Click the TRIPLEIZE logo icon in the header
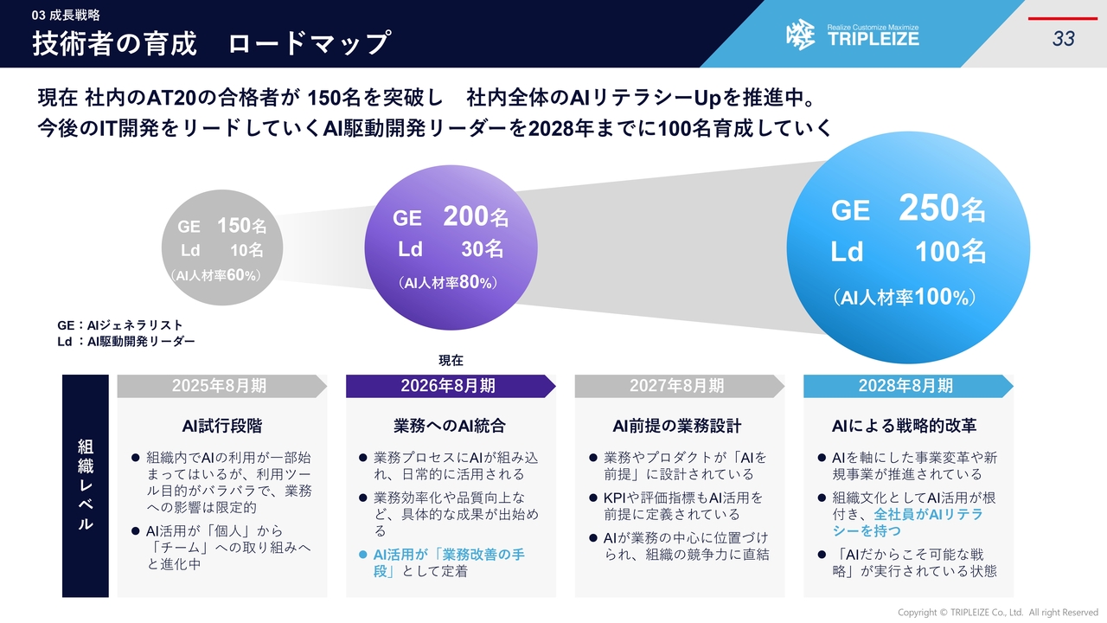800,35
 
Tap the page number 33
1063,39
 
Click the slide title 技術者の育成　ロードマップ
212,43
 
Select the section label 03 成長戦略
66,16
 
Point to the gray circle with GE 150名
222,247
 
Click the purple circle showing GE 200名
451,247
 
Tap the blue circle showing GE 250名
908,247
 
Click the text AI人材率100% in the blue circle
905,297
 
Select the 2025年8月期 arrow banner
222,386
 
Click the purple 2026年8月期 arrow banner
451,386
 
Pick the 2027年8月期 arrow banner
680,386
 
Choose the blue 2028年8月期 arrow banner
908,386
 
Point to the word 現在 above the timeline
451,361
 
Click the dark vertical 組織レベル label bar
86,486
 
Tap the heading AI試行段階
222,426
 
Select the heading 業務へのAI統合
450,426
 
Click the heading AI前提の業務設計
677,426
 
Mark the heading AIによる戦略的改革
905,426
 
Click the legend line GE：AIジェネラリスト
120,325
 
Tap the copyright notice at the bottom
998,613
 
